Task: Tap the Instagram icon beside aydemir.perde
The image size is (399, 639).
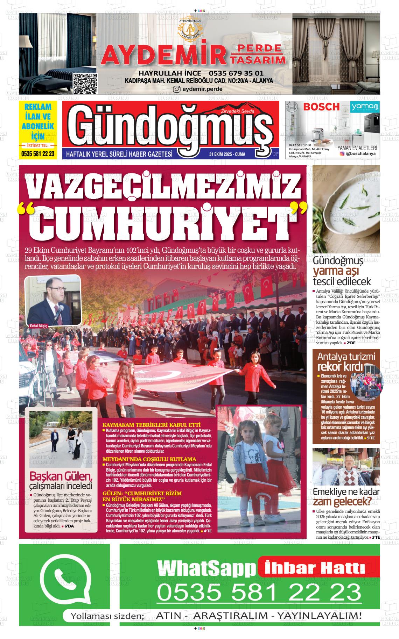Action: [x=177, y=89]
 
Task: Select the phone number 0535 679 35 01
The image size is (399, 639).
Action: [x=236, y=73]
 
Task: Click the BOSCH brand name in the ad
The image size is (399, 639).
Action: [x=321, y=107]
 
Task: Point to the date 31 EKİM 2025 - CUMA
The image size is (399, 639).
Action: [x=227, y=154]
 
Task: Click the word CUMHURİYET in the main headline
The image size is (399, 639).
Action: [x=162, y=221]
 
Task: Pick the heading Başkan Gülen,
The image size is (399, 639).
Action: [x=61, y=476]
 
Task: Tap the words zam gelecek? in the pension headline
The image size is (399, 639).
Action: [x=342, y=502]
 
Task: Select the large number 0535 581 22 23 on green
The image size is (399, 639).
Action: [x=259, y=593]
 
